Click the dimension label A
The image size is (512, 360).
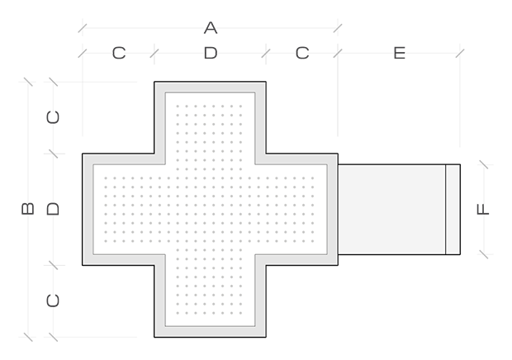tap(210, 29)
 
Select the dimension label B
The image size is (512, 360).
tap(27, 208)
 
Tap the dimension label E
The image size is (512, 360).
tap(399, 54)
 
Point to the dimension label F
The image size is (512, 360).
tap(484, 209)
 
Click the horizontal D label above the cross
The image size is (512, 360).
tap(210, 54)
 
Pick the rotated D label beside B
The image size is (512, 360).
tap(54, 208)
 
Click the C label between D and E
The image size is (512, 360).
tap(301, 54)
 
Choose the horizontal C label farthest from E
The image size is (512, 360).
tap(118, 54)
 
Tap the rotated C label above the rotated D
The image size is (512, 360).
tap(54, 117)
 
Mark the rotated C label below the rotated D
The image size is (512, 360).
tap(54, 300)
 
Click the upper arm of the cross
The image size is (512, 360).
tap(210, 124)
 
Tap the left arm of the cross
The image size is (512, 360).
tap(124, 209)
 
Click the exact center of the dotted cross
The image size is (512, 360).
tap(210, 209)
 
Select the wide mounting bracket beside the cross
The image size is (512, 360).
tap(391, 210)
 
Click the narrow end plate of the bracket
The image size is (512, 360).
tap(453, 210)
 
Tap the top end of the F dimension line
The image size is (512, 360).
tap(484, 164)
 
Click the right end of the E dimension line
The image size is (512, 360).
tap(459, 54)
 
